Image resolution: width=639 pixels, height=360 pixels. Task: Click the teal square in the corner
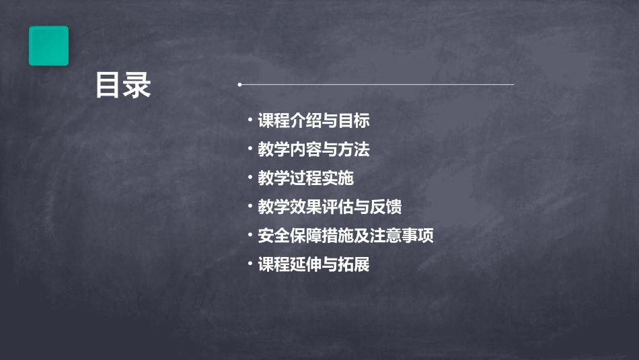[x=48, y=46]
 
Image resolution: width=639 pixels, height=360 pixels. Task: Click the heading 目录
[x=123, y=85]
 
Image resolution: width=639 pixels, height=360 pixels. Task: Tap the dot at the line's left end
[x=239, y=85]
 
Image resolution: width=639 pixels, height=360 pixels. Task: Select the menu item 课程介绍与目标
[x=313, y=121]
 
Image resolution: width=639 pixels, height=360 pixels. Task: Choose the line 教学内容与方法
[x=313, y=149]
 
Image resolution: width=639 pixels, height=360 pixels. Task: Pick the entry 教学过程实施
[x=305, y=178]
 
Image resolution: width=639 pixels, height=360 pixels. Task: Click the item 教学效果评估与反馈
[x=330, y=207]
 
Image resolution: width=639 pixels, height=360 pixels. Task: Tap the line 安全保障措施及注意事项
[x=346, y=236]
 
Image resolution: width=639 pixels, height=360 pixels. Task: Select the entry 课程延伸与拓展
[x=313, y=264]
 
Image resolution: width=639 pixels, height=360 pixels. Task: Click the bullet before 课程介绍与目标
[x=250, y=120]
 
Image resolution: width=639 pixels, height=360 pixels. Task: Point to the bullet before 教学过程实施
[x=250, y=178]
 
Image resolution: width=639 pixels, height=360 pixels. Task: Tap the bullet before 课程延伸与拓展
[x=250, y=264]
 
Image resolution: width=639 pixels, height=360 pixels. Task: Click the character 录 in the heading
[x=137, y=85]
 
